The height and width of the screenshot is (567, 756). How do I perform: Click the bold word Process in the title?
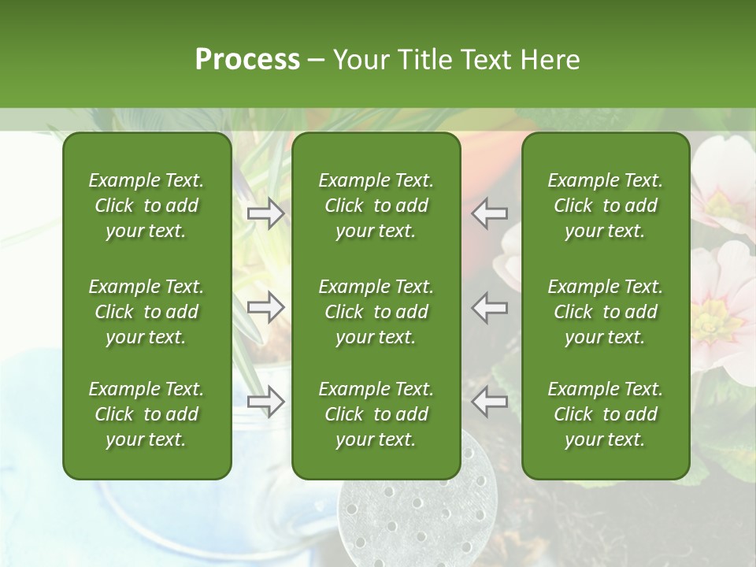point(247,60)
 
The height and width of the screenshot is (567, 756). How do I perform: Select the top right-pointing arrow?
point(266,213)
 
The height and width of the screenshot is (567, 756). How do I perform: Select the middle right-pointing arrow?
point(266,308)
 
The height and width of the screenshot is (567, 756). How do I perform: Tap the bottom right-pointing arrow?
point(266,402)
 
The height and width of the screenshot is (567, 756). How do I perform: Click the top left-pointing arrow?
point(490,213)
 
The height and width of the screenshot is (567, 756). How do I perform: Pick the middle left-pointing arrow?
point(490,308)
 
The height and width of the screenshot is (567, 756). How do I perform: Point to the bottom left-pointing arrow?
point(490,402)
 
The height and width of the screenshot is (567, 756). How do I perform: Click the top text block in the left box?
point(146,206)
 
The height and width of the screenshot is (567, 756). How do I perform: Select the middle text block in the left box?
point(146,312)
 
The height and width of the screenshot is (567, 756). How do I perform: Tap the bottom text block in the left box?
point(146,414)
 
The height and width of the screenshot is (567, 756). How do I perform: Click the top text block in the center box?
point(376,206)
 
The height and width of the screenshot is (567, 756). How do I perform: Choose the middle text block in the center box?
point(376,312)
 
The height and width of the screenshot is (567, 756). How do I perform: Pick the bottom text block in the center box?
point(376,414)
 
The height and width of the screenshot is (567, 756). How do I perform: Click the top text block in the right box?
point(605,206)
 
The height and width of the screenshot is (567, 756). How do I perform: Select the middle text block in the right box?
point(605,312)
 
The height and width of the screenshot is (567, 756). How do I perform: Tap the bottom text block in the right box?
point(605,414)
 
